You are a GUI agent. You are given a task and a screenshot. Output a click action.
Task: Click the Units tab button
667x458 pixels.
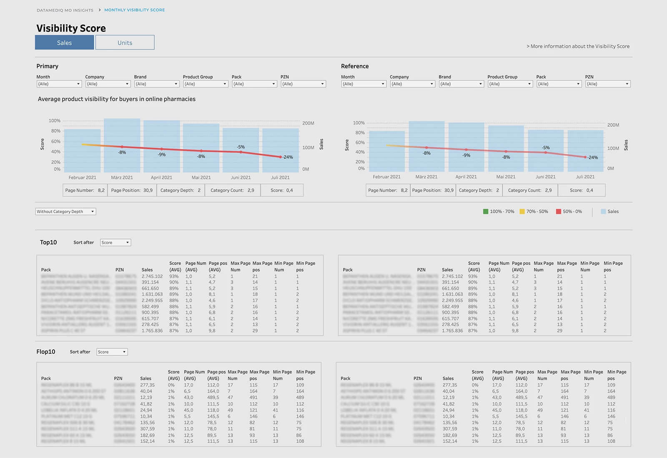coord(125,43)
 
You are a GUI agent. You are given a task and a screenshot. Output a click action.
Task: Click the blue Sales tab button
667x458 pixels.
coord(64,43)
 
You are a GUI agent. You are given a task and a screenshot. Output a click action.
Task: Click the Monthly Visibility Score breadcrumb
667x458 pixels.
coord(134,10)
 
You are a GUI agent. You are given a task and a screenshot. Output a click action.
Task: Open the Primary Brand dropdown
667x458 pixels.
coord(156,84)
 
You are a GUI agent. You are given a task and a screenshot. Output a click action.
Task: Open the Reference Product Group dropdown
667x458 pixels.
coord(510,84)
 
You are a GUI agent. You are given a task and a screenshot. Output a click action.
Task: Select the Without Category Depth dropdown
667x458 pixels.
coord(65,211)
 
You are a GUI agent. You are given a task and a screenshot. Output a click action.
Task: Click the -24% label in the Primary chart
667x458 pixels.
coord(288,157)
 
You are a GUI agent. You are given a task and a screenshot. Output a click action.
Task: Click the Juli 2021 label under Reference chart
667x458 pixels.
coord(585,177)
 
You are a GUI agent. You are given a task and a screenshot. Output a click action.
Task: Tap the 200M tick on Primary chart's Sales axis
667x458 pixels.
coord(308,123)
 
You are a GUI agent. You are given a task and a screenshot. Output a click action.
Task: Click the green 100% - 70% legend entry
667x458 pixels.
coord(499,211)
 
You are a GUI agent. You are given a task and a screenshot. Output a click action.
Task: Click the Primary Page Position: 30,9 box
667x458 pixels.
coord(132,190)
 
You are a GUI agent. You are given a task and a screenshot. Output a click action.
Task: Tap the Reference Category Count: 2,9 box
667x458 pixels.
coord(527,190)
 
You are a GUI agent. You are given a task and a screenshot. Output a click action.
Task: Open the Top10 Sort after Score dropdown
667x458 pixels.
coord(115,242)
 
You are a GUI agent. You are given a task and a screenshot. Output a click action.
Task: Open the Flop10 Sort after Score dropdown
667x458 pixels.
coord(112,352)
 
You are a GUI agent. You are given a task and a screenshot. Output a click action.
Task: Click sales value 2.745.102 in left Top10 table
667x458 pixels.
coord(152,276)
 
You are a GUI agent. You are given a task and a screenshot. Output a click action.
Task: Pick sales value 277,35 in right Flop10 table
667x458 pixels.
coord(450,385)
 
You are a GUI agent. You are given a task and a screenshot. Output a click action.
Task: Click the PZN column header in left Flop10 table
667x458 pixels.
coord(118,378)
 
